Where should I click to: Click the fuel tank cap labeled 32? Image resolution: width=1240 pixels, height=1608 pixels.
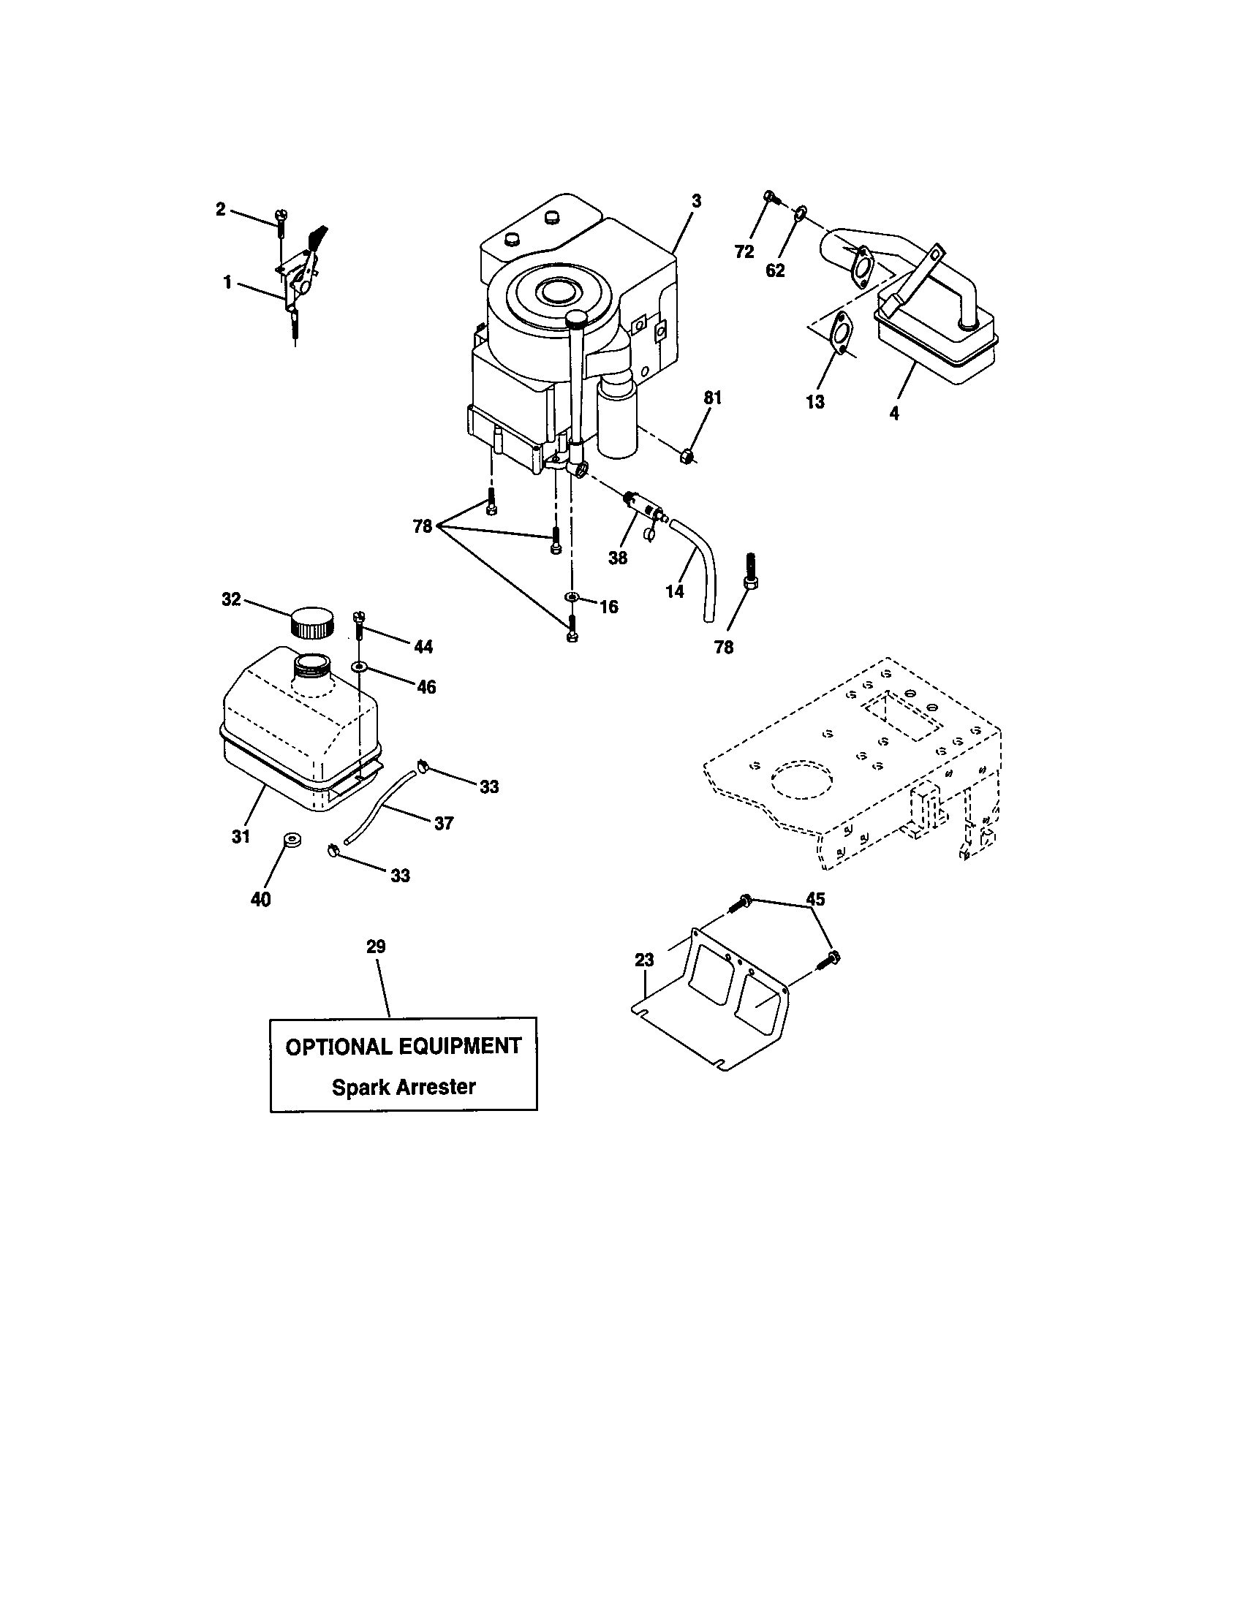[x=312, y=622]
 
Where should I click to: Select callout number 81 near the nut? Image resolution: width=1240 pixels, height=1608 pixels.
[x=713, y=398]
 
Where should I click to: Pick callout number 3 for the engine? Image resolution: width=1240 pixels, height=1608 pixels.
[x=697, y=201]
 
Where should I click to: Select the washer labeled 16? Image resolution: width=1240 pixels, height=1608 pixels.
[x=572, y=596]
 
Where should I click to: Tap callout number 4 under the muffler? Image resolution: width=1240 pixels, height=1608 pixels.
[x=894, y=414]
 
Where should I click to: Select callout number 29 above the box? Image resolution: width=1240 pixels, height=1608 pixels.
[x=376, y=946]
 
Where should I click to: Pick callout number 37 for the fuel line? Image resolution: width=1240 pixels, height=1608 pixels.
[x=443, y=823]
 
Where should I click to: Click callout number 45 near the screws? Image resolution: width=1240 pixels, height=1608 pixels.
[x=815, y=899]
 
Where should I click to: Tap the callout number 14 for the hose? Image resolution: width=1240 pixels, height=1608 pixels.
[x=675, y=591]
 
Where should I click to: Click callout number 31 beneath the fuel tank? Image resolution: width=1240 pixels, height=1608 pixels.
[x=241, y=836]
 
